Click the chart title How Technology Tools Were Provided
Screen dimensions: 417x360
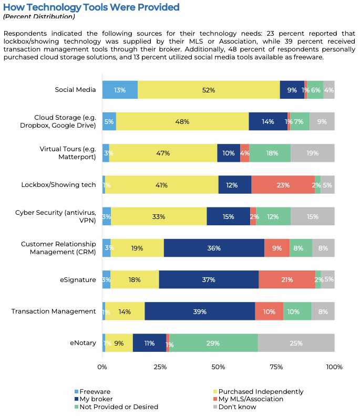[91, 7]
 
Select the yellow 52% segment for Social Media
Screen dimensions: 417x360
[209, 90]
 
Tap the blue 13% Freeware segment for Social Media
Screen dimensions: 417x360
[120, 90]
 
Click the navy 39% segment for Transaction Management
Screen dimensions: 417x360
[200, 311]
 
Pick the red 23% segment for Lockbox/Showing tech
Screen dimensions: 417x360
[283, 185]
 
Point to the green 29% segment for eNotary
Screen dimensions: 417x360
[213, 343]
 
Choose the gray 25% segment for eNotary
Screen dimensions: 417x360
[296, 343]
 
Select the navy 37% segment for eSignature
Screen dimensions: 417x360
[209, 280]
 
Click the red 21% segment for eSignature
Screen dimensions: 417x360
[287, 280]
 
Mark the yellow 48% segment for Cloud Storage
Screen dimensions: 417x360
[182, 121]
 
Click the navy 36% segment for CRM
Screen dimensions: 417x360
[214, 248]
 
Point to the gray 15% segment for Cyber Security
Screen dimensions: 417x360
[313, 216]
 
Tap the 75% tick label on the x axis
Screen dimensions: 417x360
[276, 367]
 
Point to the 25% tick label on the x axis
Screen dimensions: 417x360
[160, 367]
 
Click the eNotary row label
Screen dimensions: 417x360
[83, 343]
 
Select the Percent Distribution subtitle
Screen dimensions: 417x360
[39, 16]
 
